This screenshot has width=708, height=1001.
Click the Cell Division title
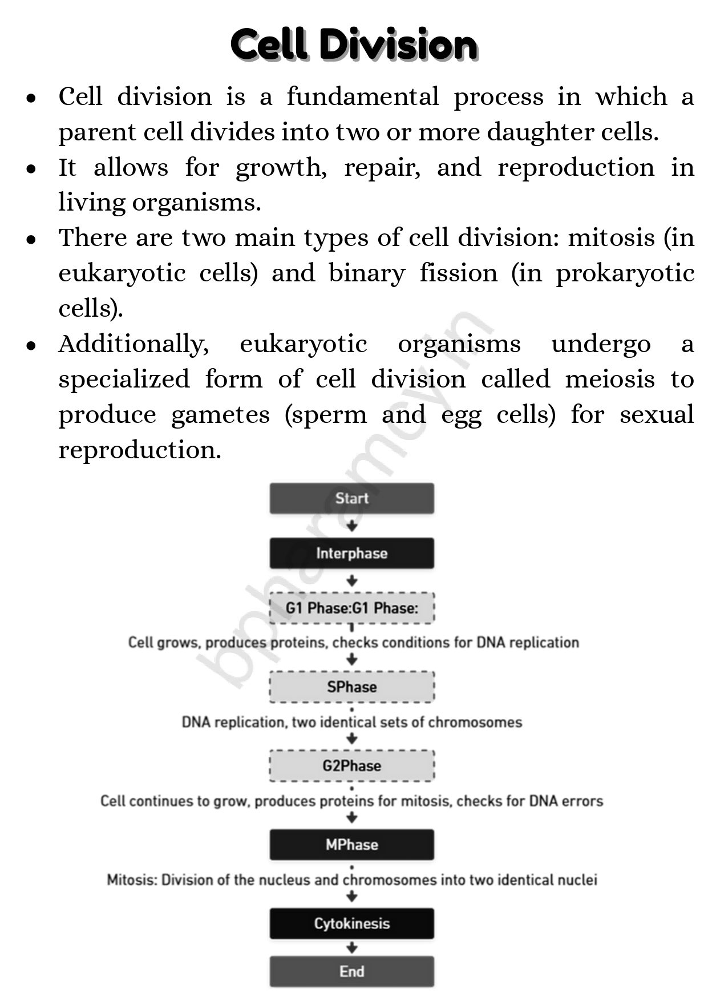pyautogui.click(x=354, y=45)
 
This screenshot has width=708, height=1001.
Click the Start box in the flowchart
pyautogui.click(x=351, y=498)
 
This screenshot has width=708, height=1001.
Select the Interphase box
pyautogui.click(x=351, y=553)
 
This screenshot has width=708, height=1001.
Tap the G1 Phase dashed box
pyautogui.click(x=351, y=608)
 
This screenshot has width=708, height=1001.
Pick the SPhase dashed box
pyautogui.click(x=351, y=687)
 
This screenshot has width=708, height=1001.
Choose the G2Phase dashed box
pyautogui.click(x=351, y=765)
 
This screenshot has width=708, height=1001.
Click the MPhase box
pyautogui.click(x=351, y=845)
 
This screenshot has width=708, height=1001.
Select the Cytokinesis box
pyautogui.click(x=351, y=923)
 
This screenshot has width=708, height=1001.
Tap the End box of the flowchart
pyautogui.click(x=351, y=971)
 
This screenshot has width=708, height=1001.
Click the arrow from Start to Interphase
pyautogui.click(x=352, y=526)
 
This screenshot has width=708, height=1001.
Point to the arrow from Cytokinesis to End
pyautogui.click(x=352, y=948)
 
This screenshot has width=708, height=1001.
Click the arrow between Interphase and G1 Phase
pyautogui.click(x=352, y=581)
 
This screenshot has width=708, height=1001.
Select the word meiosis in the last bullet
pyautogui.click(x=609, y=379)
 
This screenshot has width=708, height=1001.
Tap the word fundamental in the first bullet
pyautogui.click(x=362, y=96)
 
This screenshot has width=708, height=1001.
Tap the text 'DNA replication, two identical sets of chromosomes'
pyautogui.click(x=351, y=723)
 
